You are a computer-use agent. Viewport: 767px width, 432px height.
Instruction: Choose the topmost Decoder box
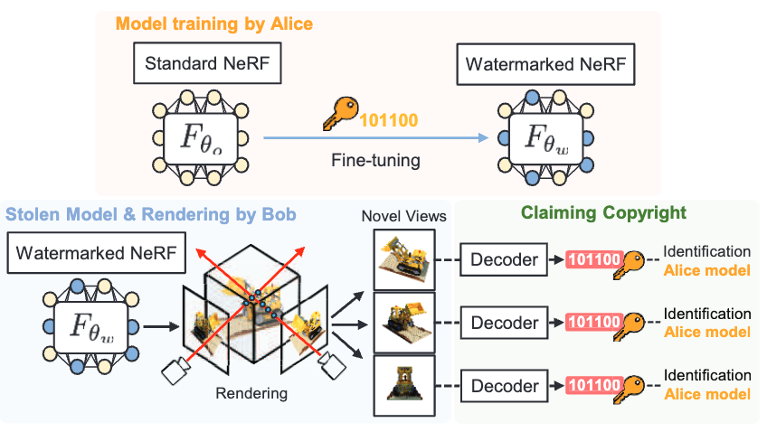tap(505, 260)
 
